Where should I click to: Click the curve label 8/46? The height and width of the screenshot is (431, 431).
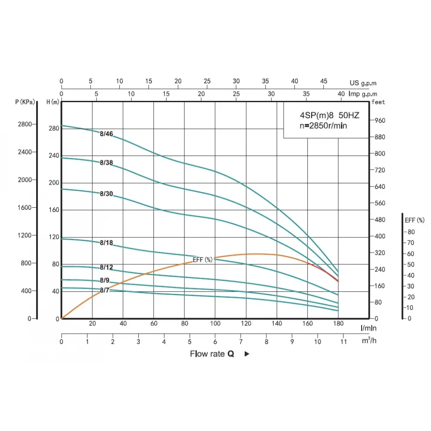pos(106,134)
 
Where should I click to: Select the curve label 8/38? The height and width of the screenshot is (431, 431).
pos(106,162)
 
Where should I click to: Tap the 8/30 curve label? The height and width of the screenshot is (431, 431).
pos(106,194)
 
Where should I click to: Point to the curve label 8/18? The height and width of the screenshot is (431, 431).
pos(106,243)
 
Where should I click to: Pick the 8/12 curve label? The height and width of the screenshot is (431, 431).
pos(106,267)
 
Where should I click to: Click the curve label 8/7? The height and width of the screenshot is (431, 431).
pos(104,290)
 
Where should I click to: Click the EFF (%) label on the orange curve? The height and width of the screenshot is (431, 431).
pos(203,259)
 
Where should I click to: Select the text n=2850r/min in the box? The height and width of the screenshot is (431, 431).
pos(323,126)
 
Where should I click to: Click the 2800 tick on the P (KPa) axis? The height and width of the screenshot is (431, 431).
pos(24,125)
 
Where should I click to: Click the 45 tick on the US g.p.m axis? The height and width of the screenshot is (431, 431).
pos(324,81)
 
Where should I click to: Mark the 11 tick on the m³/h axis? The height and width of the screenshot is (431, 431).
pos(343,341)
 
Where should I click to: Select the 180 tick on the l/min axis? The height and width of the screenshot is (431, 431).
pos(338,324)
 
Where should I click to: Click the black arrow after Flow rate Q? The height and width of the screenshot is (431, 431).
pos(247,354)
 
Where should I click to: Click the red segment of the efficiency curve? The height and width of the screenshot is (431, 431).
pos(323,272)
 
